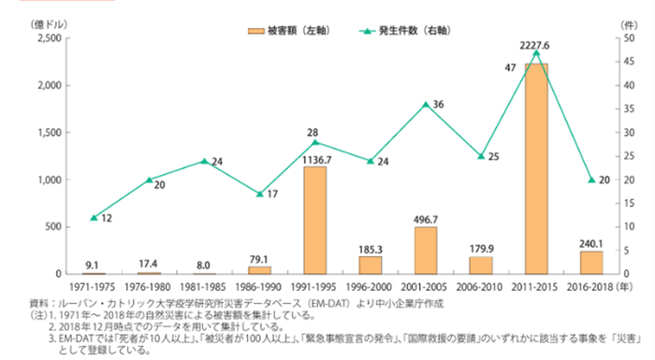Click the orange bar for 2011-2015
536,168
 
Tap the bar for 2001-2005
426,250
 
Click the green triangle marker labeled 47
536,53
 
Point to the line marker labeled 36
426,104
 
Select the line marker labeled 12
94,217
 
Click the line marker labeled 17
259,194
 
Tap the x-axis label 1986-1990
259,284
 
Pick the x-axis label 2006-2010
481,284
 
